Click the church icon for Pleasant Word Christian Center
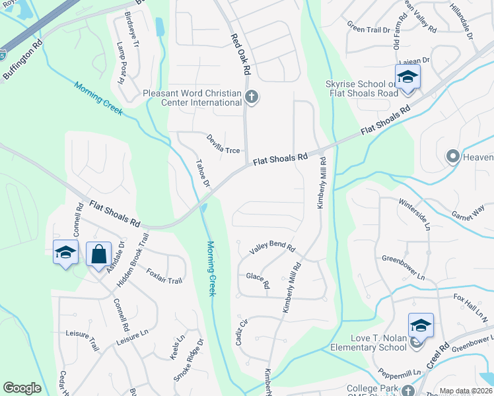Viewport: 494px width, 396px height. tap(251, 98)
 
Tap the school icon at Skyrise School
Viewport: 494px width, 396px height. tap(407, 78)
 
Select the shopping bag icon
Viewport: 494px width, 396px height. tap(98, 253)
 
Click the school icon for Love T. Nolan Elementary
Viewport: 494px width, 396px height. tap(421, 325)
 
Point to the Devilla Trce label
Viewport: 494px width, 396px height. tap(223, 145)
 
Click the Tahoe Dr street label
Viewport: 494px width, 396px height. tap(202, 173)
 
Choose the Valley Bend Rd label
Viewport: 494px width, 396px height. tap(272, 247)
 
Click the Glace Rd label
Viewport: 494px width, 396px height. tap(258, 281)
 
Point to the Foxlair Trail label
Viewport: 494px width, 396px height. tap(164, 276)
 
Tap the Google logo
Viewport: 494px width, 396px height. tap(22, 388)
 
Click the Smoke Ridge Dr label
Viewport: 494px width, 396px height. tap(190, 360)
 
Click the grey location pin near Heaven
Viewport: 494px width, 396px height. tap(453, 156)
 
